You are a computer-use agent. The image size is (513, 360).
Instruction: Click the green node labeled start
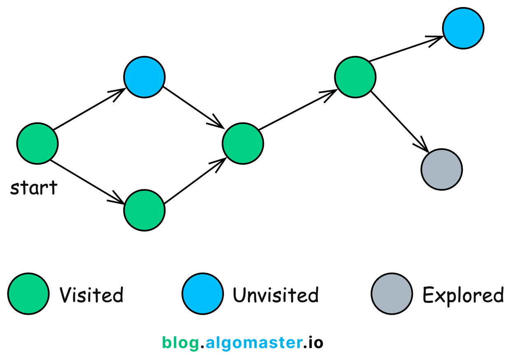37,144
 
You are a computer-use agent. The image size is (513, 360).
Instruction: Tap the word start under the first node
34,188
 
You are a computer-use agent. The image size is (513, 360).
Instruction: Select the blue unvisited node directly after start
145,77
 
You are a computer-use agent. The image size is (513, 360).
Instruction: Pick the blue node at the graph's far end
463,28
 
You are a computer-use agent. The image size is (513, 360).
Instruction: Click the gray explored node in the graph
442,169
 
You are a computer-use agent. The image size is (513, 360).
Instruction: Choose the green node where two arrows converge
243,143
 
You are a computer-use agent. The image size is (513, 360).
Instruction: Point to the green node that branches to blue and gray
355,77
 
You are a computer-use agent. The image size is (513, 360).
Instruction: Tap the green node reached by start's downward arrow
145,210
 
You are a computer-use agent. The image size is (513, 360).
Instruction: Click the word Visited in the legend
91,295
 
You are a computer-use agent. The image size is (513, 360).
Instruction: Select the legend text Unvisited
275,295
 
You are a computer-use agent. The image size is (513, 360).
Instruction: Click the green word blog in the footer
180,343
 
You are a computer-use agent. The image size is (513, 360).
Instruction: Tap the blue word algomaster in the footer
253,343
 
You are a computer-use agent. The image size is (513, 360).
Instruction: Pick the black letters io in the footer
315,343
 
